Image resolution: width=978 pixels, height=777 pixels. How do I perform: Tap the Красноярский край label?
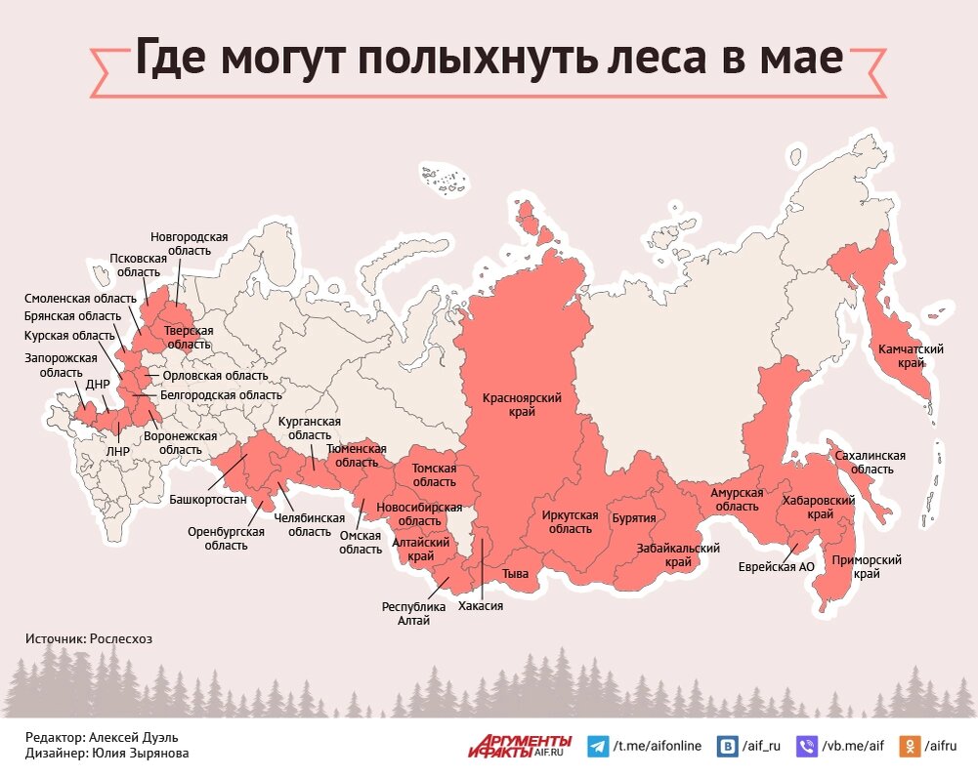point(521,405)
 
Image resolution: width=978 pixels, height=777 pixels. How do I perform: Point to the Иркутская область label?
point(569,521)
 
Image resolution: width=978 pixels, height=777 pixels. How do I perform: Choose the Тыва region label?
point(515,574)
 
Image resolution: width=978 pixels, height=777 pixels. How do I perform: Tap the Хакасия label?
point(480,605)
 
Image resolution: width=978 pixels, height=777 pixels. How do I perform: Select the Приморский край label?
point(865,567)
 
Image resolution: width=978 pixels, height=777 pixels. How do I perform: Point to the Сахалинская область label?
point(870,462)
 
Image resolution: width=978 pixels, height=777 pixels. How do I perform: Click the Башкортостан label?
point(207,499)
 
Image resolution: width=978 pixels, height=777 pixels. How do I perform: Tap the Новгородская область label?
point(189,243)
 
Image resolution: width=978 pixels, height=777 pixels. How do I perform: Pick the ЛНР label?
point(116,452)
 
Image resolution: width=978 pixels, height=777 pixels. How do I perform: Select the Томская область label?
point(434,475)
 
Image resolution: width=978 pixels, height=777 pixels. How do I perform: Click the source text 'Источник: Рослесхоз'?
point(89,638)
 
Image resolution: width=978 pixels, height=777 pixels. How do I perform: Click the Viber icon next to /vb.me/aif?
point(807,747)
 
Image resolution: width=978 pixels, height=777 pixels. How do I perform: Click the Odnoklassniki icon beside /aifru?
point(910,747)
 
